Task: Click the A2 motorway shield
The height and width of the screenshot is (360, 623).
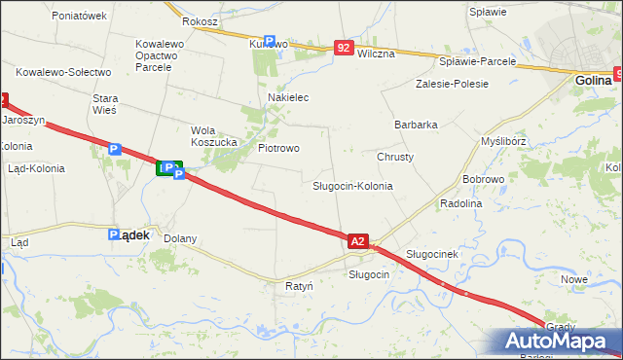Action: [x=357, y=240]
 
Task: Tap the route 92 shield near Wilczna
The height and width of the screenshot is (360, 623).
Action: [x=343, y=47]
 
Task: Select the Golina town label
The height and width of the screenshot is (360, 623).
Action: [x=592, y=81]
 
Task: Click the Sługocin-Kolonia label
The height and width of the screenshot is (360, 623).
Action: [x=352, y=185]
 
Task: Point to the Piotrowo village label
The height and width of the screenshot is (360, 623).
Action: [x=277, y=148]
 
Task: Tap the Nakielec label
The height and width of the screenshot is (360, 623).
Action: [x=288, y=98]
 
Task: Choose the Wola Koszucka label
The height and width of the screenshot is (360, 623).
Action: [x=214, y=135]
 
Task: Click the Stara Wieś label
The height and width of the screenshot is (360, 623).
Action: [x=104, y=104]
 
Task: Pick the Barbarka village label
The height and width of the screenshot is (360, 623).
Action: [x=416, y=125]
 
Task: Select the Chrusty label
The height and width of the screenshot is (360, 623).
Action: [x=395, y=157]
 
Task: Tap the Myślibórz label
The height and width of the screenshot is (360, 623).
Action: [x=503, y=141]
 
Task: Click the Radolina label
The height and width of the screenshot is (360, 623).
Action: [x=461, y=203]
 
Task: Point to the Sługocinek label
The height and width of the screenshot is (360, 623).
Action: [x=431, y=254]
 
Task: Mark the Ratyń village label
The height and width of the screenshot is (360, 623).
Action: [x=299, y=287]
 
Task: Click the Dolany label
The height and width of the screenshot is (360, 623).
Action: [x=180, y=238]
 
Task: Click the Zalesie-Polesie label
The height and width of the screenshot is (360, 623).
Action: [x=450, y=85]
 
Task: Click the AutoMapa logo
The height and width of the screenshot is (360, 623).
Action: [x=560, y=342]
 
